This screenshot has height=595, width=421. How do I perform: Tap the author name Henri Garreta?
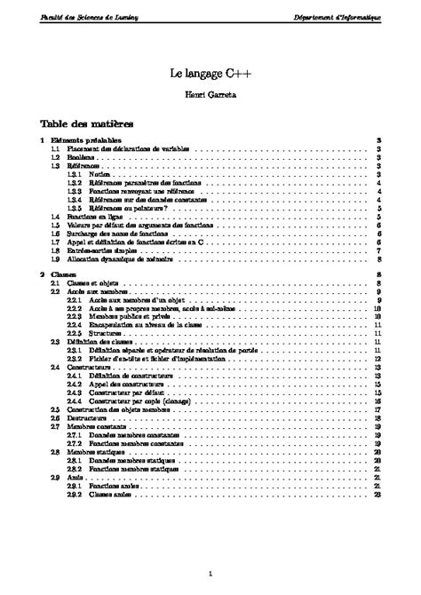(210, 97)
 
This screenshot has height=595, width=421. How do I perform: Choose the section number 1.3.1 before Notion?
(74, 174)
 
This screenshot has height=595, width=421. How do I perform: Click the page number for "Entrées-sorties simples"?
(378, 250)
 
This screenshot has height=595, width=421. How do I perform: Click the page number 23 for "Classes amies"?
(378, 493)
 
